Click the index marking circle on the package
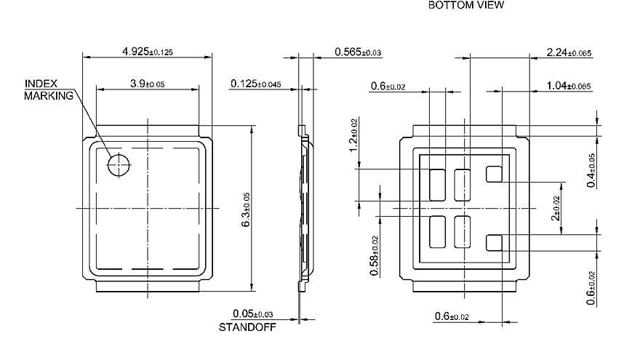pyautogui.click(x=118, y=165)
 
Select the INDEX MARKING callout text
pyautogui.click(x=49, y=89)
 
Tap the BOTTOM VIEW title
pyautogui.click(x=465, y=5)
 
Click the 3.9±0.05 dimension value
pyautogui.click(x=148, y=84)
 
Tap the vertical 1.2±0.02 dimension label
pyautogui.click(x=354, y=135)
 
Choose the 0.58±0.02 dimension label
pyautogui.click(x=375, y=249)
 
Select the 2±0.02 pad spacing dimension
pyautogui.click(x=556, y=207)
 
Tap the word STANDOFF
pyautogui.click(x=244, y=327)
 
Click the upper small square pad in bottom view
pyautogui.click(x=495, y=173)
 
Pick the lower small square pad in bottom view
pyautogui.click(x=495, y=242)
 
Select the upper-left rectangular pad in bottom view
pyautogui.click(x=438, y=185)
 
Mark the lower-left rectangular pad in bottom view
pyautogui.click(x=438, y=232)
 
